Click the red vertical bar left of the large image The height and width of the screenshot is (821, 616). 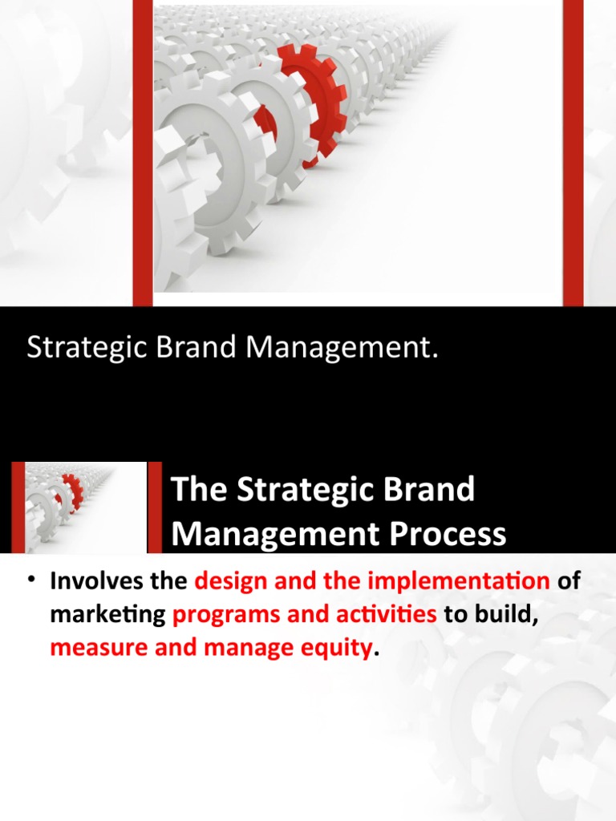coord(142,152)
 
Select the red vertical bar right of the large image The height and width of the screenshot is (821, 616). coord(573,152)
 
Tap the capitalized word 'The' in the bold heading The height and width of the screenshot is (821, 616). coord(197,490)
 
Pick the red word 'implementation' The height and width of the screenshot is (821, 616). coord(455,581)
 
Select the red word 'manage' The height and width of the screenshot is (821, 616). coord(241,648)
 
